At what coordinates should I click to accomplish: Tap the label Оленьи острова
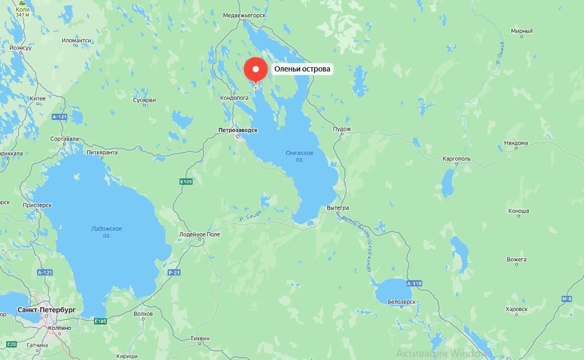coord(303,69)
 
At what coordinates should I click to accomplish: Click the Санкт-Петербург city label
coord(46,310)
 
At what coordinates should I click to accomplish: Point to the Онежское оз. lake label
coord(300,155)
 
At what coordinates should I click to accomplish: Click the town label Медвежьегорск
coord(244,16)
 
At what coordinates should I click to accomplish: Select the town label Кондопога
coord(233,98)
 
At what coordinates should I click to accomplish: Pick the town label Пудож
coord(342,129)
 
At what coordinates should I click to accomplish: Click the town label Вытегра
coord(337,208)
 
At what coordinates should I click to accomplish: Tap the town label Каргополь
coord(456,158)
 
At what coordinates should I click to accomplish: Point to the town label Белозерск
coord(402,302)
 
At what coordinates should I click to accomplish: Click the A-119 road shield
coord(413,284)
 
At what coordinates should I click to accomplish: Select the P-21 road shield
coord(174,273)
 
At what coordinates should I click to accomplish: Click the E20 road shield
coord(12,344)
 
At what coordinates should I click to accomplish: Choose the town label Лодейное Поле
coord(200,234)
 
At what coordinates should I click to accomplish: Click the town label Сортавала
coord(64,139)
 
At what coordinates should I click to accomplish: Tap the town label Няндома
coord(516,143)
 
